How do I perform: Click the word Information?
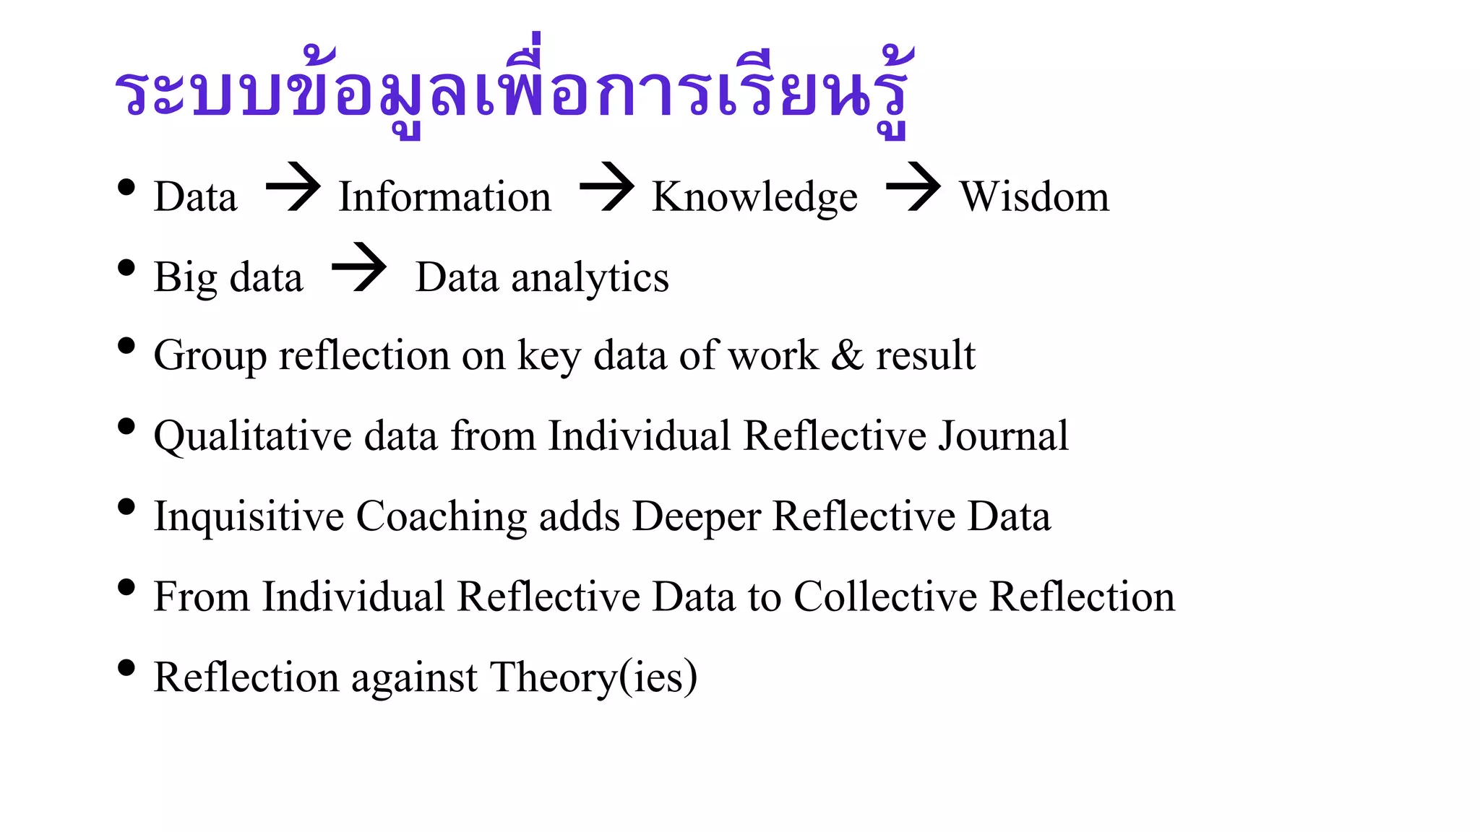click(445, 196)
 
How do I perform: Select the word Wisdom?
click(1034, 196)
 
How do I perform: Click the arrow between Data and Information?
click(293, 187)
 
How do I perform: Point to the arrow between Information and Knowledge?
click(606, 187)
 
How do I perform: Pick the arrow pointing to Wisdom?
click(913, 187)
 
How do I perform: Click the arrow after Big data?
click(358, 267)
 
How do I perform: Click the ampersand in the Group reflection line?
click(847, 355)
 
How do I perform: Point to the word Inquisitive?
click(249, 518)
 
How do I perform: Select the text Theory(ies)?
click(593, 678)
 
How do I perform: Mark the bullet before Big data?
click(126, 268)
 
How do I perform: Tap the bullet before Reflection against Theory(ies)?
click(126, 668)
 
